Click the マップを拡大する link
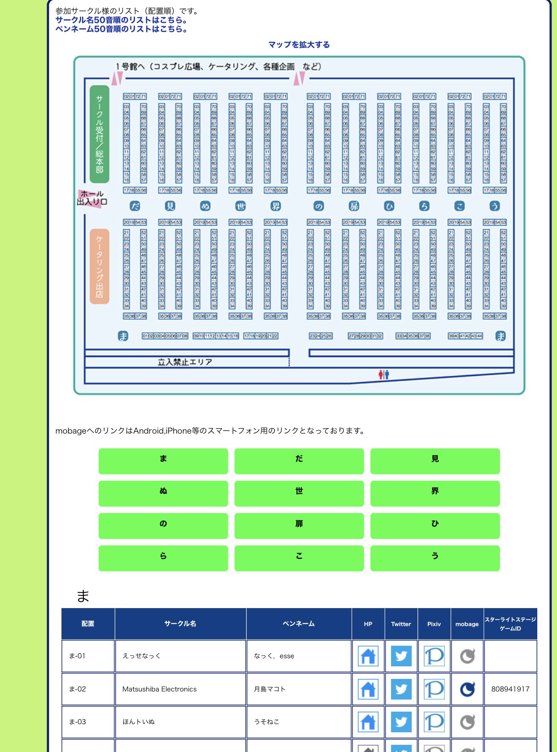pyautogui.click(x=299, y=45)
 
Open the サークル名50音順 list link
pyautogui.click(x=121, y=20)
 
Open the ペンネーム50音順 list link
pyautogui.click(x=121, y=29)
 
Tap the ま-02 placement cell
pyautogui.click(x=88, y=689)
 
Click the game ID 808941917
pyautogui.click(x=510, y=689)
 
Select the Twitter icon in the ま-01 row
pyautogui.click(x=401, y=656)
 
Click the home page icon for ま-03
pyautogui.click(x=368, y=722)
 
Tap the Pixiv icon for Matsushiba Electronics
pyautogui.click(x=434, y=689)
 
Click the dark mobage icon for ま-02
pyautogui.click(x=467, y=689)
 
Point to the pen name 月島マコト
pyautogui.click(x=270, y=689)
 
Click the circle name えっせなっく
pyautogui.click(x=142, y=656)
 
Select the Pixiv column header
pyautogui.click(x=434, y=624)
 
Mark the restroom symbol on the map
pyautogui.click(x=383, y=374)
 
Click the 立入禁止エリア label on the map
pyautogui.click(x=185, y=362)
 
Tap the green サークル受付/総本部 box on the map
pyautogui.click(x=100, y=134)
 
